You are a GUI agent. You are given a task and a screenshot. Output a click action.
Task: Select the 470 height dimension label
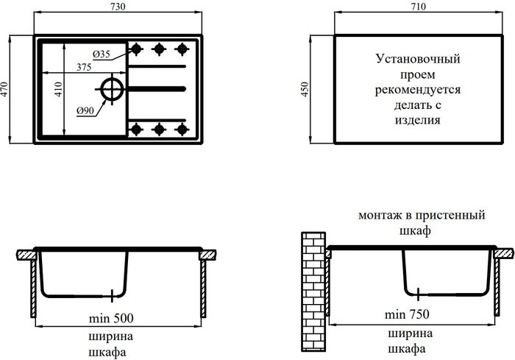[x=7, y=90]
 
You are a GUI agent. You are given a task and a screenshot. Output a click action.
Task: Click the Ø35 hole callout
[x=102, y=55]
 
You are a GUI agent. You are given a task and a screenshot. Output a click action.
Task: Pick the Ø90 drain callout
[x=83, y=111]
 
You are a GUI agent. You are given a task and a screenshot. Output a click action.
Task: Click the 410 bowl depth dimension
[x=57, y=90]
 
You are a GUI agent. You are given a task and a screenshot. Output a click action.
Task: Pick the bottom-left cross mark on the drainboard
[x=135, y=129]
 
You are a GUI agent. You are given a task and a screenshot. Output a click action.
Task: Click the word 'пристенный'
[x=453, y=216]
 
